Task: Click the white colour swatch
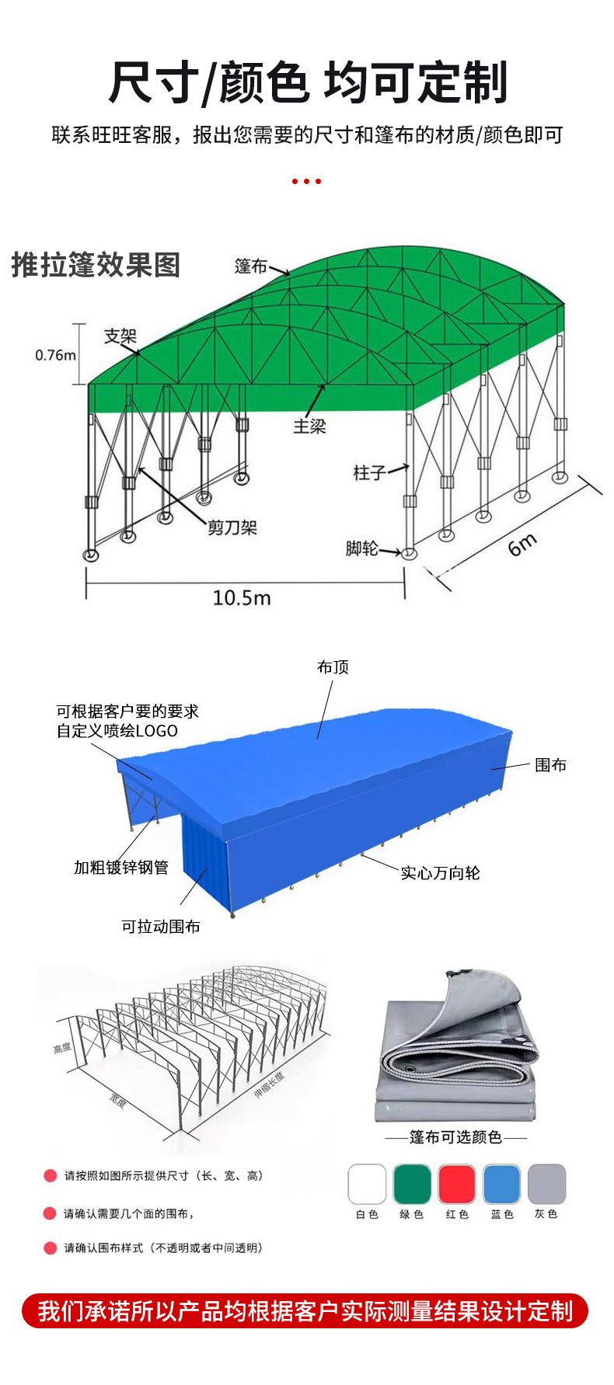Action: coord(367,1184)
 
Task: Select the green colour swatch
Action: coord(411,1184)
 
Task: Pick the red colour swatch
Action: coord(456,1184)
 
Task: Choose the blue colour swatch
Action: coord(501,1184)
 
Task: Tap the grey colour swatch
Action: coord(546,1184)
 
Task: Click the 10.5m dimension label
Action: coord(242,598)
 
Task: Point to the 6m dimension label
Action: coord(522,544)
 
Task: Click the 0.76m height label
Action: coord(55,355)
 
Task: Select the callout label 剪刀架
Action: coord(232,528)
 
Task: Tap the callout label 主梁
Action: coord(309,426)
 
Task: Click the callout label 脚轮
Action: coord(361,548)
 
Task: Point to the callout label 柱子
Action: coord(369,472)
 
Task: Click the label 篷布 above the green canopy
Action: coord(250,266)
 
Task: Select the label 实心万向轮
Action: coord(440,873)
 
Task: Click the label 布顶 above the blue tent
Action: coord(333,667)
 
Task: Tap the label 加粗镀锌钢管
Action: coord(121,868)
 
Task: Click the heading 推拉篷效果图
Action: coord(96,265)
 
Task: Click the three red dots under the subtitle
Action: coord(306,181)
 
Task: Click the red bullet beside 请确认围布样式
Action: coord(51,1248)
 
